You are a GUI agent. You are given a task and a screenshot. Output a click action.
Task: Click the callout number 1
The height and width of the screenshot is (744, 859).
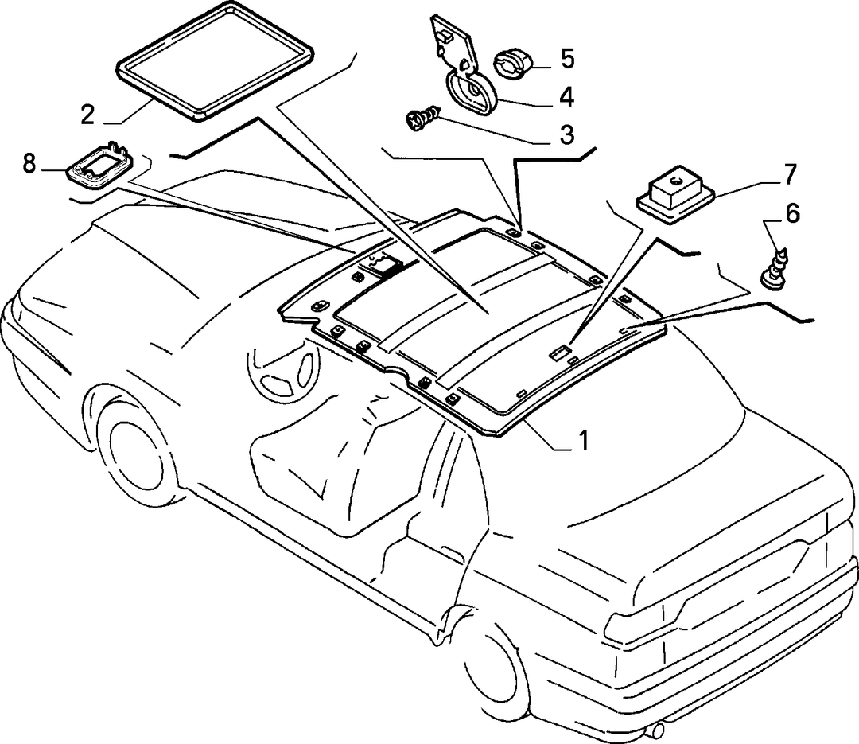tap(584, 440)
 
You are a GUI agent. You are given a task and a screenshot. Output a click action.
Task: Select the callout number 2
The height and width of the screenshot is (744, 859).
tap(87, 115)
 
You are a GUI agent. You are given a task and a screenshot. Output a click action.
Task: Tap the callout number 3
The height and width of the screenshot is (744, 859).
tap(566, 134)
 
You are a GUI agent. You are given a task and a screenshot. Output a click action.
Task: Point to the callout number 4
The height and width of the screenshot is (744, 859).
tap(566, 97)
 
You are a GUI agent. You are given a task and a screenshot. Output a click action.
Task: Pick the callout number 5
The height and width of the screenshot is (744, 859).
tap(567, 59)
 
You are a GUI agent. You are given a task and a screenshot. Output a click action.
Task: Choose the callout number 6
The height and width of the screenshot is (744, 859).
tap(792, 212)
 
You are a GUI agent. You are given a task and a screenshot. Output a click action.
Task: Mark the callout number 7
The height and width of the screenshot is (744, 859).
tap(789, 174)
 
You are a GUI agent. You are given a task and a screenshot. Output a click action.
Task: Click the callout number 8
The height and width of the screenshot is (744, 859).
tap(29, 163)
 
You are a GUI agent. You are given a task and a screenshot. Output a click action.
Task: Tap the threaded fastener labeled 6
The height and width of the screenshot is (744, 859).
tap(777, 269)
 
